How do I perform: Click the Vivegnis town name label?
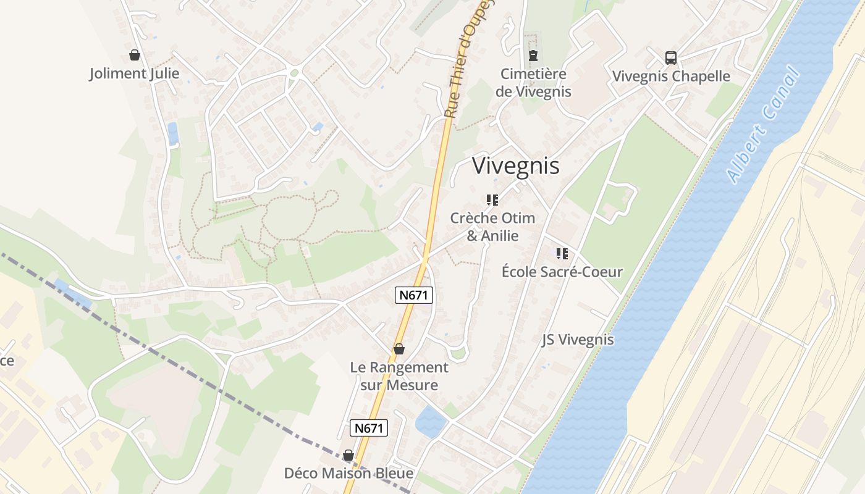516,165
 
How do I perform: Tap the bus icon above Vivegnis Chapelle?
671,58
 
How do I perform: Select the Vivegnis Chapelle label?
671,77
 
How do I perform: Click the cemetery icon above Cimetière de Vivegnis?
533,56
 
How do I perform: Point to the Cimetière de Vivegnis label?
533,83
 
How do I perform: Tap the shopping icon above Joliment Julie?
135,55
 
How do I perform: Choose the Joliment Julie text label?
135,73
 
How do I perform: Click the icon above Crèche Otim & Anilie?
492,200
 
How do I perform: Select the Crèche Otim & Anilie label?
492,227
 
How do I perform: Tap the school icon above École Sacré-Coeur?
562,254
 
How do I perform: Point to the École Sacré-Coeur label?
562,272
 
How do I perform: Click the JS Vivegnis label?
578,340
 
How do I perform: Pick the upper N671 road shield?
414,295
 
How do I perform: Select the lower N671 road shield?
369,428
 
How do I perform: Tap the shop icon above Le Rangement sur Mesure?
399,349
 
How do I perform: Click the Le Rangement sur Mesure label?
399,376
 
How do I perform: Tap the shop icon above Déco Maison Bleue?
348,455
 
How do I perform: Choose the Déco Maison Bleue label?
348,474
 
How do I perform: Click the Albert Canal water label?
764,126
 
